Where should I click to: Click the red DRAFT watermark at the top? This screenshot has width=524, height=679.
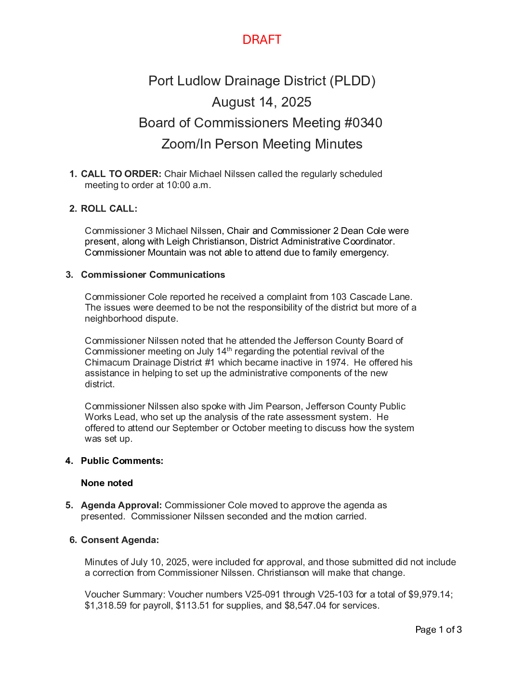pyautogui.click(x=262, y=40)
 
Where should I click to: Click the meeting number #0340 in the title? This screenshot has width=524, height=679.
pyautogui.click(x=363, y=123)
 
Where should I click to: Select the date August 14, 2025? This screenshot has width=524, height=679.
pyautogui.click(x=262, y=102)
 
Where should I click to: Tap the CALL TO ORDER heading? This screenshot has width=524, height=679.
pyautogui.click(x=121, y=174)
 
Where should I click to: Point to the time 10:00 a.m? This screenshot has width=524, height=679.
pyautogui.click(x=188, y=185)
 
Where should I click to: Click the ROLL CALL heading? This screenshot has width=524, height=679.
pyautogui.click(x=109, y=209)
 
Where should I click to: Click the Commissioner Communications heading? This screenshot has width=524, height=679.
pyautogui.click(x=153, y=275)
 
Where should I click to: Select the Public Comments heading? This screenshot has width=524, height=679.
pyautogui.click(x=122, y=461)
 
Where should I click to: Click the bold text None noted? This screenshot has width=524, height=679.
pyautogui.click(x=107, y=483)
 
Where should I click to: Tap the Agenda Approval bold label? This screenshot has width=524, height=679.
pyautogui.click(x=121, y=505)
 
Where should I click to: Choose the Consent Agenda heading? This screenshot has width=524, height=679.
pyautogui.click(x=119, y=540)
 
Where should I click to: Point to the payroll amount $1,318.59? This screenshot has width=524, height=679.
pyautogui.click(x=105, y=606)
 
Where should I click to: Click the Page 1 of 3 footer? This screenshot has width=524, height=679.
pyautogui.click(x=438, y=630)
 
